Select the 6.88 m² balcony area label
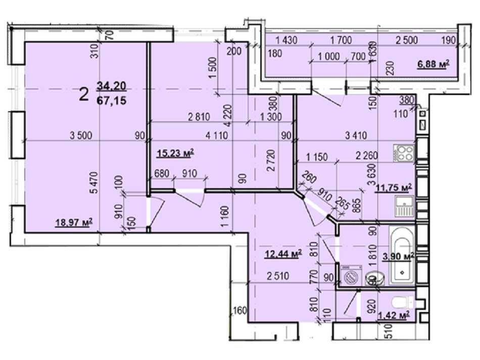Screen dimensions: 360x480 coord(433,64)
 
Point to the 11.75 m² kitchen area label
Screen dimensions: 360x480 coord(394,188)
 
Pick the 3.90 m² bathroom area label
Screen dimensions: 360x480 coord(399,256)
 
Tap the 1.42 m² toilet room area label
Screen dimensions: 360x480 coord(396,316)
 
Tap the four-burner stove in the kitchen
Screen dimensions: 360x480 coord(404,153)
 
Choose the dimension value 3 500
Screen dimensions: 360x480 coord(81,135)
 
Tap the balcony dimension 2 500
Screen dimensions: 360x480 coord(407,40)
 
